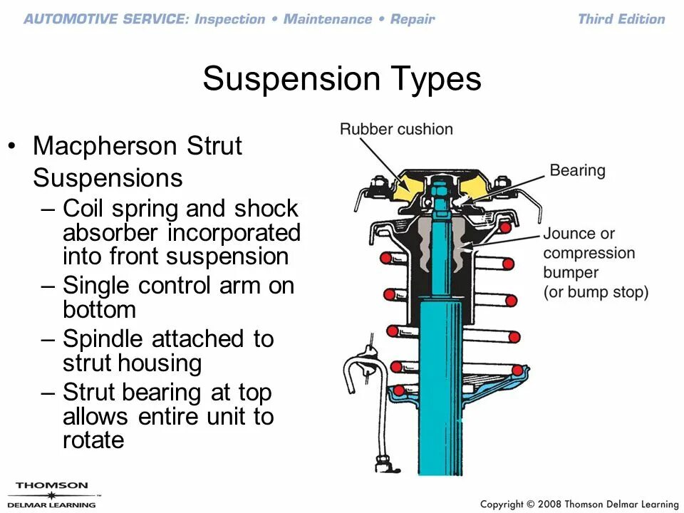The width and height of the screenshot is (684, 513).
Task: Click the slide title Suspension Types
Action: (342, 78)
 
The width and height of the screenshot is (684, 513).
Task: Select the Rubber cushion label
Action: (396, 129)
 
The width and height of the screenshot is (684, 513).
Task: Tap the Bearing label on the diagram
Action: (577, 170)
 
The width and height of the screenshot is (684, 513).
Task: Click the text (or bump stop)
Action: (596, 292)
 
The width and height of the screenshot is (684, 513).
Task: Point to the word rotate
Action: (93, 440)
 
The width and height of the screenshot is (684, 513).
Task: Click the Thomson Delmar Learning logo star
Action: (51, 495)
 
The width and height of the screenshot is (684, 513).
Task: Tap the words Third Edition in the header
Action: (621, 19)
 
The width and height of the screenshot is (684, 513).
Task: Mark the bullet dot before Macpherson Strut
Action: (11, 147)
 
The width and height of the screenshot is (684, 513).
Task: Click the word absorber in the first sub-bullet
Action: (112, 233)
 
